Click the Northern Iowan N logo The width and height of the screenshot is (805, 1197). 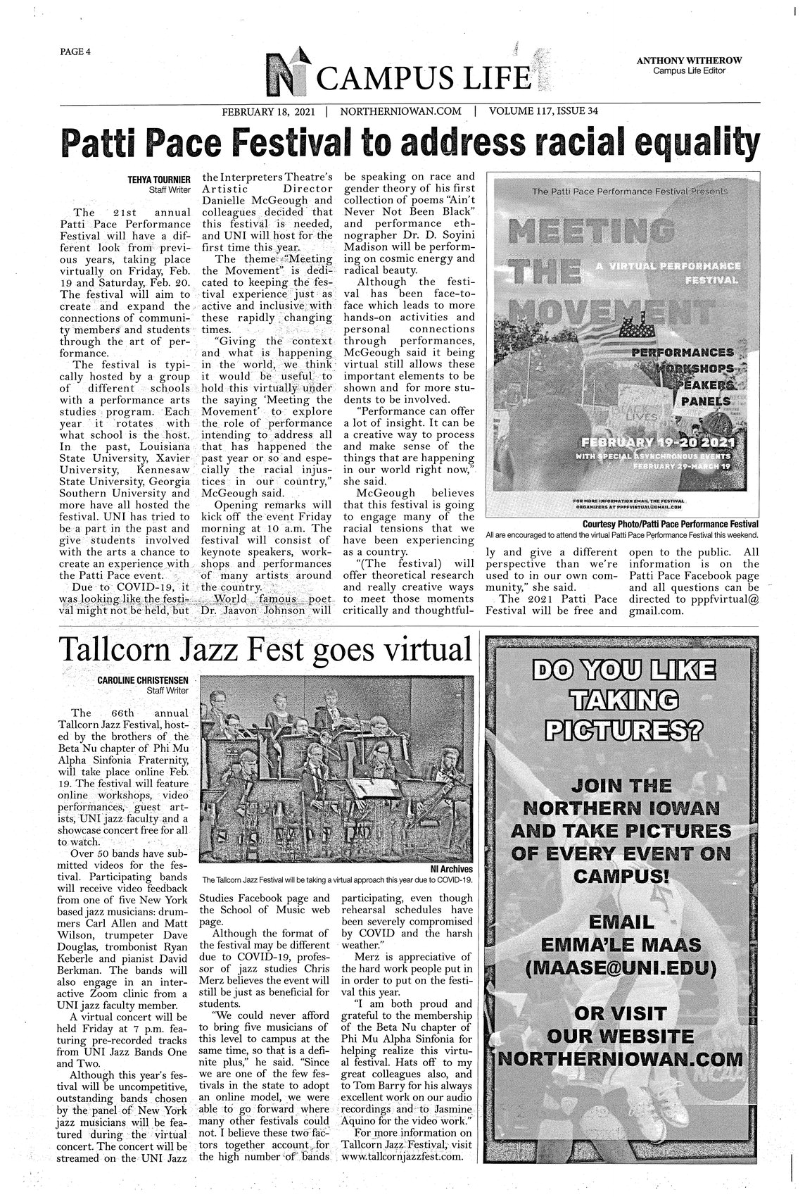[x=290, y=73]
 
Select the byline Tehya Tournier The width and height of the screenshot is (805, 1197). [x=157, y=180]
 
